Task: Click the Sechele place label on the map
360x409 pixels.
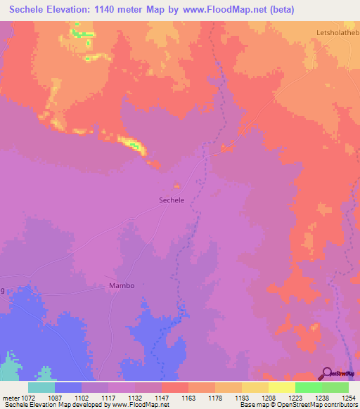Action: tap(172, 200)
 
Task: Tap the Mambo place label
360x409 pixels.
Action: tap(121, 286)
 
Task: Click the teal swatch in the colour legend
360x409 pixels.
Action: tap(41, 387)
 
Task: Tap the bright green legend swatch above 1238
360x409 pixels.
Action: tap(308, 387)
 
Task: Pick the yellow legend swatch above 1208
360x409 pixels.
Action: tap(255, 387)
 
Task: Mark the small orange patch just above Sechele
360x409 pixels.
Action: tap(176, 186)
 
